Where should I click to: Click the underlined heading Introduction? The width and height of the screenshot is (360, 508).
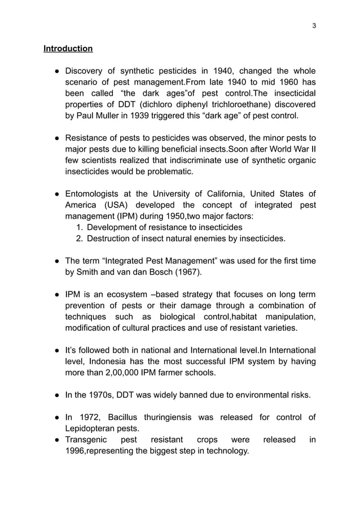68,49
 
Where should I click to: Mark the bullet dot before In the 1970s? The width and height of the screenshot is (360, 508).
58,395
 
